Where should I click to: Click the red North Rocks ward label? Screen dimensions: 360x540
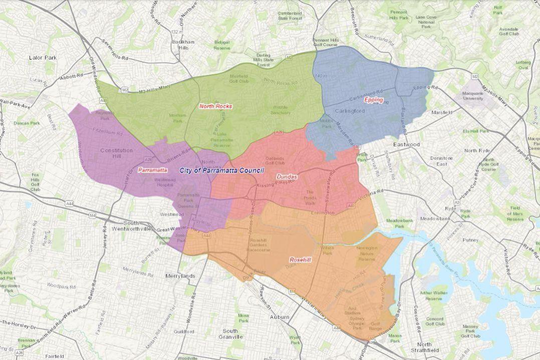[x=215, y=106]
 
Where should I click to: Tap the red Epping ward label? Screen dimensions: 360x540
[x=374, y=100]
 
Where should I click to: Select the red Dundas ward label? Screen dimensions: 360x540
[x=287, y=177]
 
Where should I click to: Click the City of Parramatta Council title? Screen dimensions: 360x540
[x=221, y=171]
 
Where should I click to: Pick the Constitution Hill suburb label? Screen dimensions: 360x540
[x=116, y=153]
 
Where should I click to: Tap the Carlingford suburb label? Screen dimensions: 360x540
[x=351, y=111]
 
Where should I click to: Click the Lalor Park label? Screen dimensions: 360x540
[x=43, y=58]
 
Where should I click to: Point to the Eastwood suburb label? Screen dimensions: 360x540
[x=405, y=144]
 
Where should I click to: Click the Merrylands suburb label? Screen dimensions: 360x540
[x=180, y=276]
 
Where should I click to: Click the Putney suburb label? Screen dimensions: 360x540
[x=471, y=240]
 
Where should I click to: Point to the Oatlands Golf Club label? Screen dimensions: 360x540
[x=275, y=160]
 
